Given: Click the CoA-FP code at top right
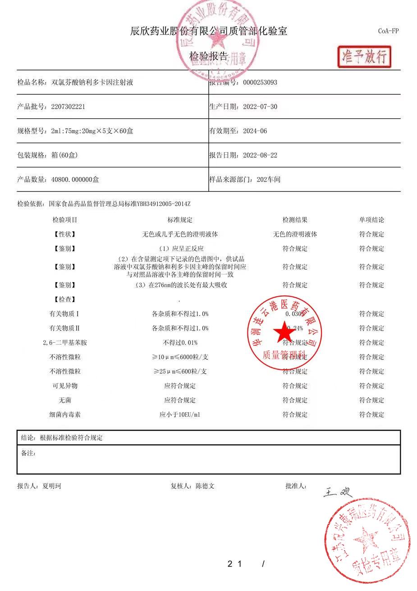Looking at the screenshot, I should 388,31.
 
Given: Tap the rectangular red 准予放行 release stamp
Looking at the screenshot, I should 364,57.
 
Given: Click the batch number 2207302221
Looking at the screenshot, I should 69,107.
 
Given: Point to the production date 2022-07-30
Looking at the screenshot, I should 260,107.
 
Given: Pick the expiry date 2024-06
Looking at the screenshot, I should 255,131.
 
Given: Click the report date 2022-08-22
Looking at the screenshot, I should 260,155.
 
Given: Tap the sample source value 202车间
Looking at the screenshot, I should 268,180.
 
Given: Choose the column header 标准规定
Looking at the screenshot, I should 180,220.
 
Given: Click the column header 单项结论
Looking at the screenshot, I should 371,220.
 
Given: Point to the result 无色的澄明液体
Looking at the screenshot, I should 295,234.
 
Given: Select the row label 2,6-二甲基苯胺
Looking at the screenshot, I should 65,343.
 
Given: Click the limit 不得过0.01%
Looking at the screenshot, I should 180,343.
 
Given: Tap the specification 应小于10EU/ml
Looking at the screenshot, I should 180,414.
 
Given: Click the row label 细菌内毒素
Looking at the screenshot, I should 65,414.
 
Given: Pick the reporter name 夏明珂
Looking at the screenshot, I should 52,486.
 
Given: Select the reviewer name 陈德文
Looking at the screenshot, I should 205,486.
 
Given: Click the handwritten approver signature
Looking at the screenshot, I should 336,492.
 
